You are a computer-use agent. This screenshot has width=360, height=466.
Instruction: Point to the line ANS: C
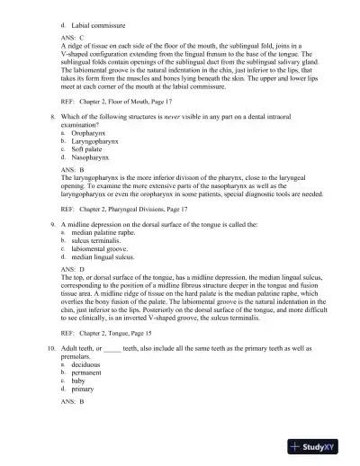click(72, 39)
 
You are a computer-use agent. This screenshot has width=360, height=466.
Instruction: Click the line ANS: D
click(72, 267)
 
